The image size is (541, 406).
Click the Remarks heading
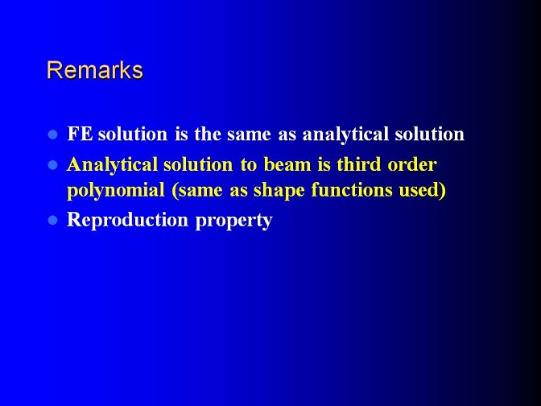point(95,70)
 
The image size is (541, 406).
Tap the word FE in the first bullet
point(80,134)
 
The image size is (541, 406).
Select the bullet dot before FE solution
point(52,135)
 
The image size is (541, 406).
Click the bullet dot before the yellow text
point(52,165)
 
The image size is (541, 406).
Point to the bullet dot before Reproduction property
point(52,220)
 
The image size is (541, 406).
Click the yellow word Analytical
point(112,165)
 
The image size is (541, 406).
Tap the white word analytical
point(345,135)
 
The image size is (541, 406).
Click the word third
point(359,164)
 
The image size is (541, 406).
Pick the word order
point(412,164)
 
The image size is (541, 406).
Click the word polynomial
point(116,191)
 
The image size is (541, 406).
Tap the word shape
point(279,191)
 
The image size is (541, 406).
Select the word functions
point(352,190)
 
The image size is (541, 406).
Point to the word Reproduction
point(127,221)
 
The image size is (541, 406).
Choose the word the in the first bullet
point(208,134)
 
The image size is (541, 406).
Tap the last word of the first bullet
point(430,134)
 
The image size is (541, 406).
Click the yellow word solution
point(198,164)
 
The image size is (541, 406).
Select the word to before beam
point(249,165)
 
